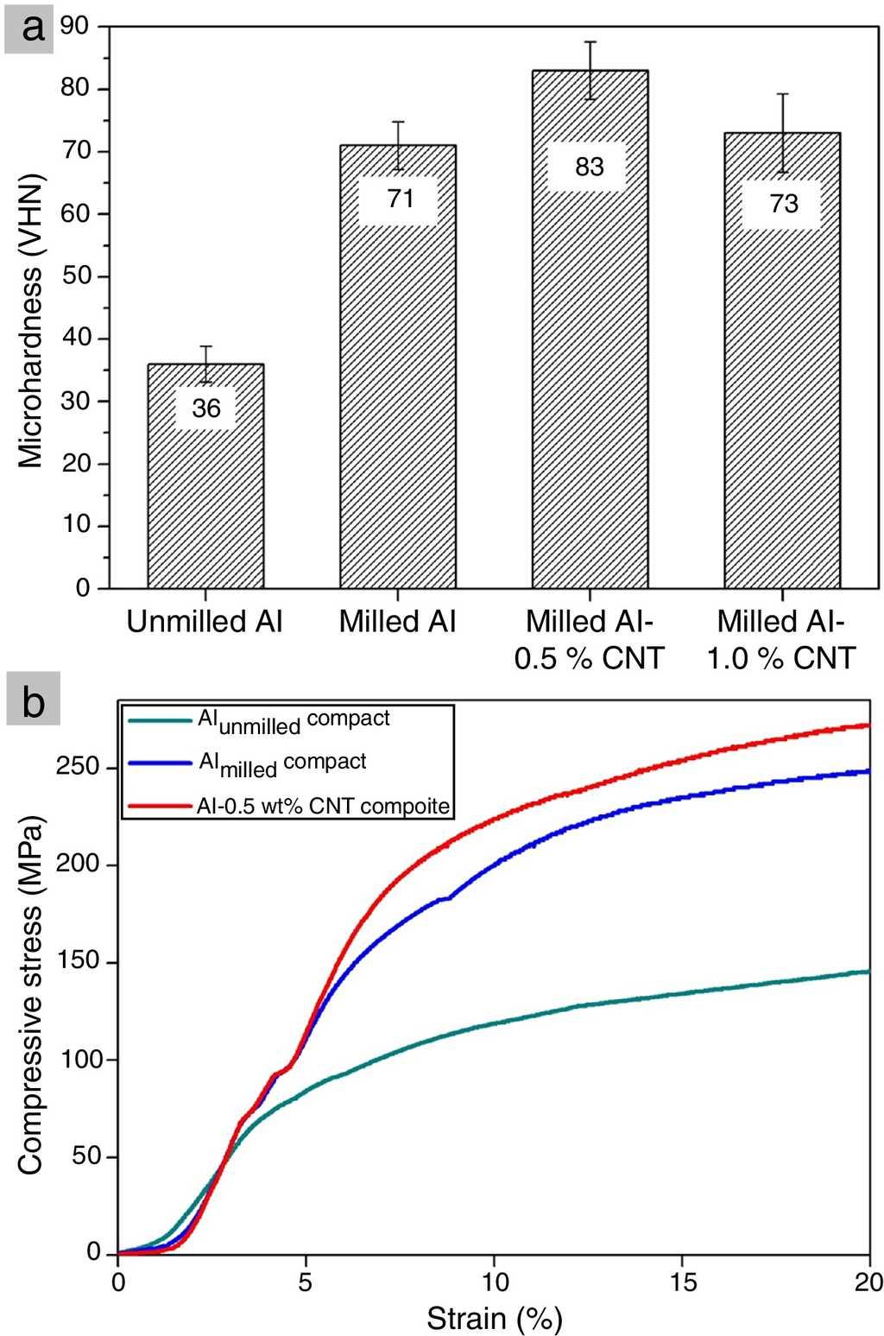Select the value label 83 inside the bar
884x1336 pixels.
click(590, 167)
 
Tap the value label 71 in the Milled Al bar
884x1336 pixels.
click(398, 199)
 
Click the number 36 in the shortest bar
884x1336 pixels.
click(206, 408)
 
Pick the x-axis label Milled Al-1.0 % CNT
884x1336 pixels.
click(781, 640)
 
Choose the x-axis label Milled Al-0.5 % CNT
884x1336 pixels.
click(590, 640)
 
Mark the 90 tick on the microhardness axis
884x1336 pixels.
click(75, 26)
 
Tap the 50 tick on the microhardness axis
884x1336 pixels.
click(75, 276)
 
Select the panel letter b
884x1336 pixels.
click(33, 701)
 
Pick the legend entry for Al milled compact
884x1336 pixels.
click(282, 763)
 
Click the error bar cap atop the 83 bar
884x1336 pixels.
click(590, 41)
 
